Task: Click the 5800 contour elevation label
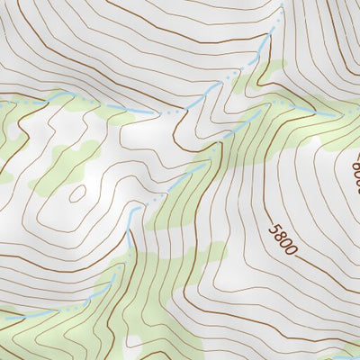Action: click(x=281, y=236)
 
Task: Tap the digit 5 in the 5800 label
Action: click(x=273, y=224)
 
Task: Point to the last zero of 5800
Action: click(x=289, y=248)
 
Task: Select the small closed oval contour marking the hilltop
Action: click(x=76, y=193)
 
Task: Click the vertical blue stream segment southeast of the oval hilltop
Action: click(x=131, y=217)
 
